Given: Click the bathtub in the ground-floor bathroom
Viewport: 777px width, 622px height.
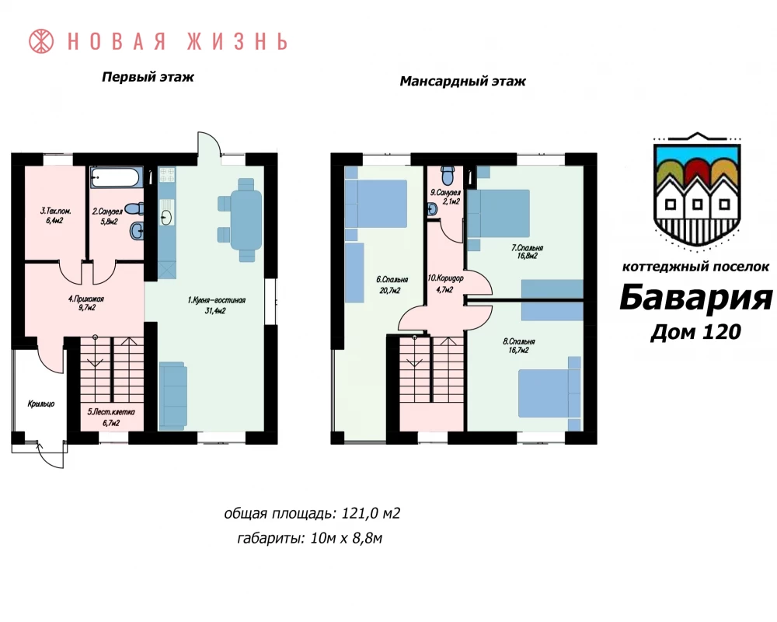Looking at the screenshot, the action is [x=117, y=177].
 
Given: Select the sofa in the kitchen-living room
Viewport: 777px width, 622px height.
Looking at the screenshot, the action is [x=173, y=395].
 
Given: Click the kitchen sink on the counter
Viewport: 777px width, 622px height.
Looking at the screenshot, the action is [x=167, y=217].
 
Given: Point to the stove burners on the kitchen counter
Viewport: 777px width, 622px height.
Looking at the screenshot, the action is [x=167, y=174].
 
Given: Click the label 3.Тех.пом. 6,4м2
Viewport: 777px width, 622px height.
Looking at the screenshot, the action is [x=55, y=216].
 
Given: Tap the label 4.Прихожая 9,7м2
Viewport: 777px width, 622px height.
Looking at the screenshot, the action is [x=85, y=303].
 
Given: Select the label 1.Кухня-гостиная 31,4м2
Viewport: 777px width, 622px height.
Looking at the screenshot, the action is [x=217, y=305].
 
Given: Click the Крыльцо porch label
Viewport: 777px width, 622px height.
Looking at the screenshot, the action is [x=41, y=404].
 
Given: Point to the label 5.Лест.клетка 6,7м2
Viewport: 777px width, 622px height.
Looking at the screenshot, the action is [x=111, y=418].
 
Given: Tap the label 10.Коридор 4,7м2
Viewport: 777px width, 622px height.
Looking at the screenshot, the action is [x=445, y=283].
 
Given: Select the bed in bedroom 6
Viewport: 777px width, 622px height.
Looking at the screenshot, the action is [x=376, y=204].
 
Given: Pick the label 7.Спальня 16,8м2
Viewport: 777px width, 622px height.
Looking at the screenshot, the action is [x=527, y=251].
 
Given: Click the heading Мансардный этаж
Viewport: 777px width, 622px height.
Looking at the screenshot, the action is [x=462, y=82].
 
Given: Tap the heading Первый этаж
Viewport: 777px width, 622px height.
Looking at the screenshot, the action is [x=148, y=78].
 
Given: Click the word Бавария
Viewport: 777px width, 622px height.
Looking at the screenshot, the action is [x=695, y=298].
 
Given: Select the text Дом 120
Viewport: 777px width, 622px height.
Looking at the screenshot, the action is [x=695, y=332].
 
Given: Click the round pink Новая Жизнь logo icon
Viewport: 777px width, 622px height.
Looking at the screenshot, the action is [x=41, y=41].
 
